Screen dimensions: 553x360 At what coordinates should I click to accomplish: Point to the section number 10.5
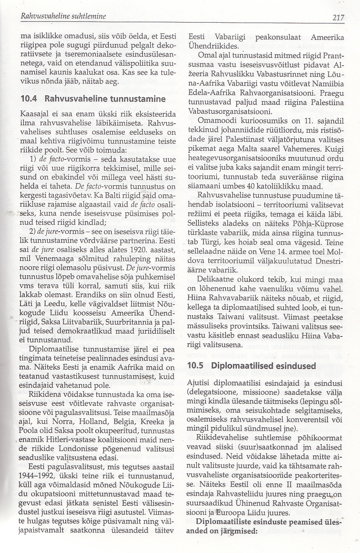pos(196,366)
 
